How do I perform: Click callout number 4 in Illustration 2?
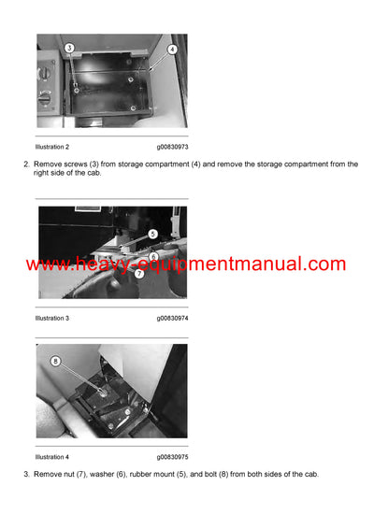[172, 49]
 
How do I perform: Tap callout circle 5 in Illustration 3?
[152, 234]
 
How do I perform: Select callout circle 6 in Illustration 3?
[153, 255]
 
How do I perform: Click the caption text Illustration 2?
[51, 147]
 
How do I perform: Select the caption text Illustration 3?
[51, 319]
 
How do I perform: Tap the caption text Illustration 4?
[51, 457]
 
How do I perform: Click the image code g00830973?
[172, 147]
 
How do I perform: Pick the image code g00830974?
[172, 319]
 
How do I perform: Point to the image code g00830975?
[172, 457]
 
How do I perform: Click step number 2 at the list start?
[26, 164]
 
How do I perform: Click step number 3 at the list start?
[26, 475]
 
